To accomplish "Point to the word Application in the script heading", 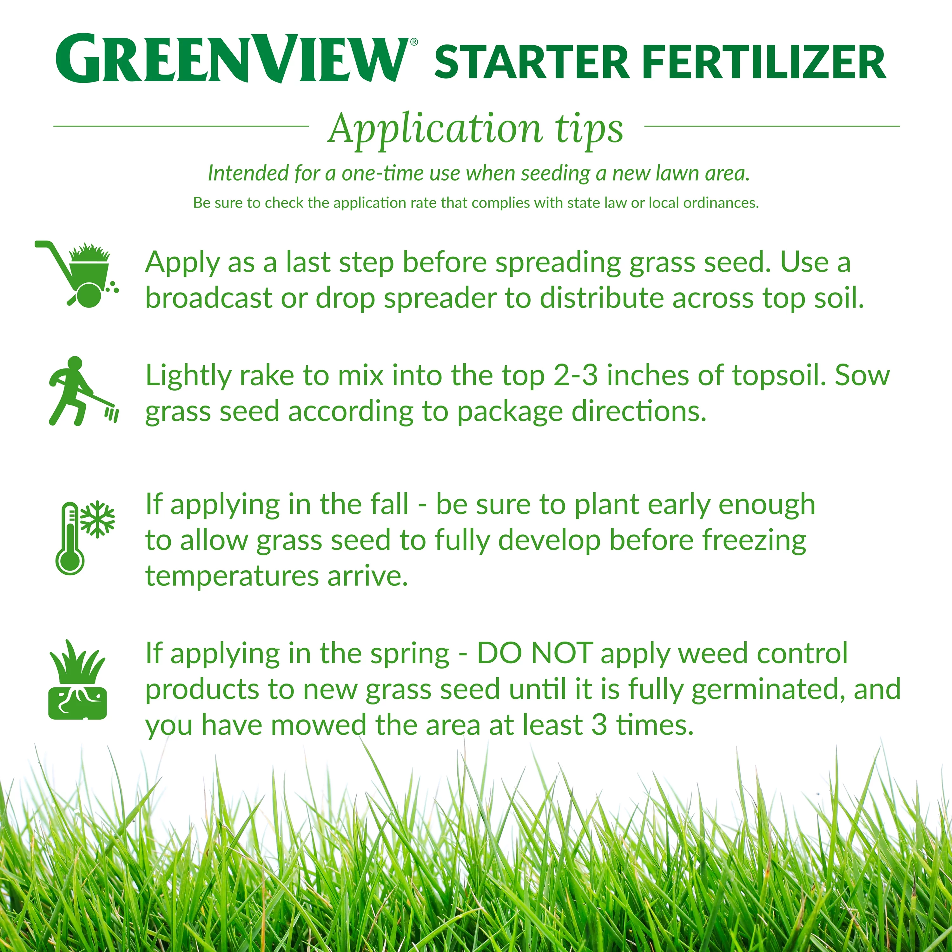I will [436, 129].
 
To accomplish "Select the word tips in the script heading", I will [589, 129].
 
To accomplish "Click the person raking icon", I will [81, 392].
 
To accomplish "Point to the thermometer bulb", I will [70, 560].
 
